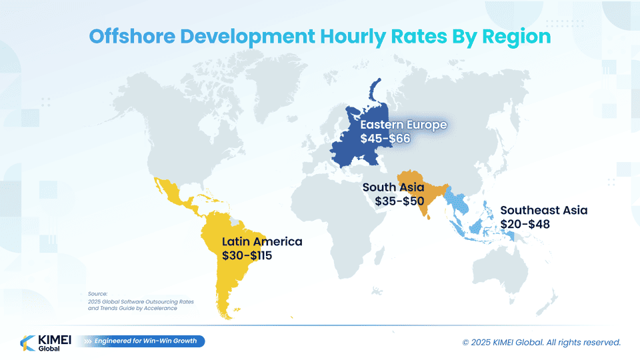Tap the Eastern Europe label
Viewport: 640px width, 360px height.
pos(403,125)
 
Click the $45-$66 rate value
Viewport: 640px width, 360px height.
pos(385,139)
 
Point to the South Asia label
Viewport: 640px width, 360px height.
pos(393,187)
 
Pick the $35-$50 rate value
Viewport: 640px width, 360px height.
pos(399,201)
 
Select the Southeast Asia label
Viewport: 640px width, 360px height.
pos(544,210)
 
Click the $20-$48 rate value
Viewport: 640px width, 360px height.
pos(525,224)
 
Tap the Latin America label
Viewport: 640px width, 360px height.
pos(262,241)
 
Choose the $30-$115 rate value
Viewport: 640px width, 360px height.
pos(247,255)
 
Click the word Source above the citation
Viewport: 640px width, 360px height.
pos(97,293)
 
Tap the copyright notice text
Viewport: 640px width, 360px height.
pos(541,342)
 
